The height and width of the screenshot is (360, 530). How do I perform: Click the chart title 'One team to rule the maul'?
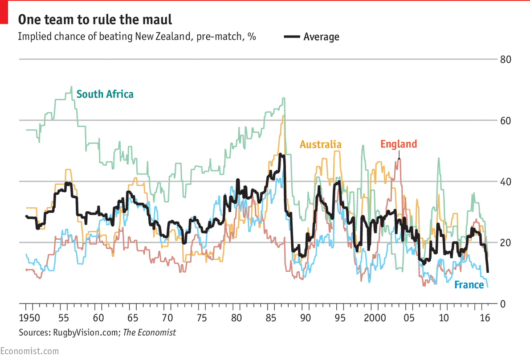(94, 20)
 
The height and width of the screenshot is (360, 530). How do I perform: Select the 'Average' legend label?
(321, 37)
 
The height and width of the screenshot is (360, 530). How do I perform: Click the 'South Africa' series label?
(105, 94)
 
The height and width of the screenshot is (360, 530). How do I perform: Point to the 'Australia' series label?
(321, 144)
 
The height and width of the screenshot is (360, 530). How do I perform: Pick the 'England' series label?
(399, 144)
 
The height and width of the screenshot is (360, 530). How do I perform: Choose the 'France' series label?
(469, 285)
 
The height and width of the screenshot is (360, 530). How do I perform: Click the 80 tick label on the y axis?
(505, 60)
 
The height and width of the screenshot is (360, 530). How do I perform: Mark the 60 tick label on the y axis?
(505, 121)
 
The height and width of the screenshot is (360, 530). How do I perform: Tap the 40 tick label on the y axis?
(505, 182)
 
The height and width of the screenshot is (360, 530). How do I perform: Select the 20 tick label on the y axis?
(505, 243)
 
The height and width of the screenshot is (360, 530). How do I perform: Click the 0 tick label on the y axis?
(502, 304)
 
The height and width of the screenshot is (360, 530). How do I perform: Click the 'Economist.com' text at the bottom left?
(29, 351)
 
